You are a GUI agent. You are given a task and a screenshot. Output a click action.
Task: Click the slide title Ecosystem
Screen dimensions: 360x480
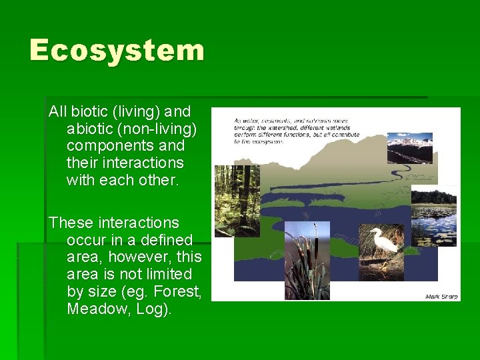click(x=117, y=51)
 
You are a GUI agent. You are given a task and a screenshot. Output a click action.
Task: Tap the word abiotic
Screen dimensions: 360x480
click(x=87, y=129)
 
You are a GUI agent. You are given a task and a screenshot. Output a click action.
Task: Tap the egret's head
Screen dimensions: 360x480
click(x=377, y=232)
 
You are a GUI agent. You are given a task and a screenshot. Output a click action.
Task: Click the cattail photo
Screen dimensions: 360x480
click(x=307, y=260)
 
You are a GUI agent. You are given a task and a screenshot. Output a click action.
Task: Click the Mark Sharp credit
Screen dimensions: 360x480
click(x=441, y=296)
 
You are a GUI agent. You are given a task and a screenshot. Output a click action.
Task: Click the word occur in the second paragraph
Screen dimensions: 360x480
click(x=87, y=239)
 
